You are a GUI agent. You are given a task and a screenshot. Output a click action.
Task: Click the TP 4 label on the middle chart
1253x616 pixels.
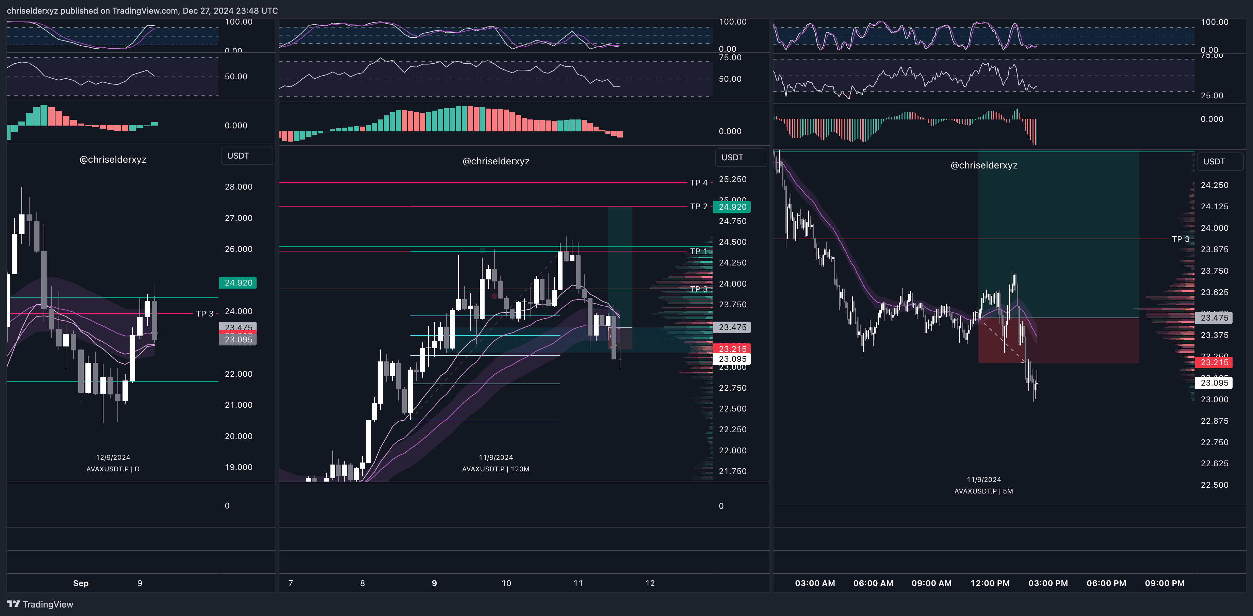(x=699, y=182)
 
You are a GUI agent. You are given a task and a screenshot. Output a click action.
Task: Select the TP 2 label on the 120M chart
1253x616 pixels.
(x=699, y=206)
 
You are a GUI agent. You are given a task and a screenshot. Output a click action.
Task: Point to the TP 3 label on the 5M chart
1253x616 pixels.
(x=1181, y=239)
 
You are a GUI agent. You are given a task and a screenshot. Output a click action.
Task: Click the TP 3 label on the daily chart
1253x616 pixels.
(x=204, y=313)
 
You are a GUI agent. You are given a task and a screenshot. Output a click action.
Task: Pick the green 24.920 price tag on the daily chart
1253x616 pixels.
(x=238, y=283)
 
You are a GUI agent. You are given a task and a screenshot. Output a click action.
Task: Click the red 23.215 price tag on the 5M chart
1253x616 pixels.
(x=1214, y=362)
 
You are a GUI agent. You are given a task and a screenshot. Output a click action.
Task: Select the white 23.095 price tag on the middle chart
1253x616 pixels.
(x=732, y=359)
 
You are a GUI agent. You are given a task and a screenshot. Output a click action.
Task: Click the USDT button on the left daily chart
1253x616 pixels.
(x=238, y=156)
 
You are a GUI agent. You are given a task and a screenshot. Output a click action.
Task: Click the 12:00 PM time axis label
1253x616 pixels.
(x=990, y=583)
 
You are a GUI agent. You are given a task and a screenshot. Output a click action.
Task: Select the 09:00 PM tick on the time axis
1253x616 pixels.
(x=1165, y=583)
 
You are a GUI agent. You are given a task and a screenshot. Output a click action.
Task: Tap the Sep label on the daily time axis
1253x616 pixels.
(x=81, y=583)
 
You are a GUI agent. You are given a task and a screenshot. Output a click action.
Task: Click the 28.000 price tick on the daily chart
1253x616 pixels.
(x=238, y=187)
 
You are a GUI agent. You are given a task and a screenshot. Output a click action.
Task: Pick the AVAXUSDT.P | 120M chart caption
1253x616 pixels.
(x=496, y=469)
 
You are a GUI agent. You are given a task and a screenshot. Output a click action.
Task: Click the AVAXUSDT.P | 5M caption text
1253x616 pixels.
(x=983, y=491)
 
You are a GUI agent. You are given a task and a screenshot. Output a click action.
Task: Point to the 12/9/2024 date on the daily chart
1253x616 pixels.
(x=113, y=457)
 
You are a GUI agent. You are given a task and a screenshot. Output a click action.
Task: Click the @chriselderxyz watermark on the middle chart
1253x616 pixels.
(x=496, y=161)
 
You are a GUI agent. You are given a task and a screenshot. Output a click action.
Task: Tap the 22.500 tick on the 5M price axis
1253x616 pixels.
(x=1214, y=485)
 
